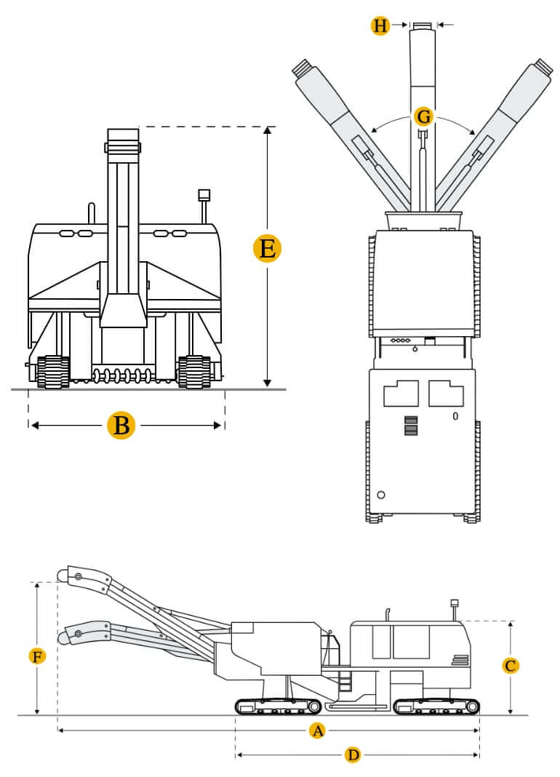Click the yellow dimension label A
tap(316, 730)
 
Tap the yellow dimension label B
tap(121, 425)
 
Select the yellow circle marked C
tap(511, 665)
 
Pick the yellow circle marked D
tap(353, 755)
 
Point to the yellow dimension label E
tap(267, 250)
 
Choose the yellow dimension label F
tap(37, 657)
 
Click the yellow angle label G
tap(423, 116)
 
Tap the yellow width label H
tap(380, 26)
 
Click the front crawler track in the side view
tap(278, 706)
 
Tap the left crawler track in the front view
tap(53, 371)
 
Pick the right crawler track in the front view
tap(194, 371)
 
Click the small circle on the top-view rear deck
tap(380, 495)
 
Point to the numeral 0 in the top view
tap(455, 417)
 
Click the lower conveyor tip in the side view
tap(75, 634)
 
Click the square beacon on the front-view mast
tap(204, 195)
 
